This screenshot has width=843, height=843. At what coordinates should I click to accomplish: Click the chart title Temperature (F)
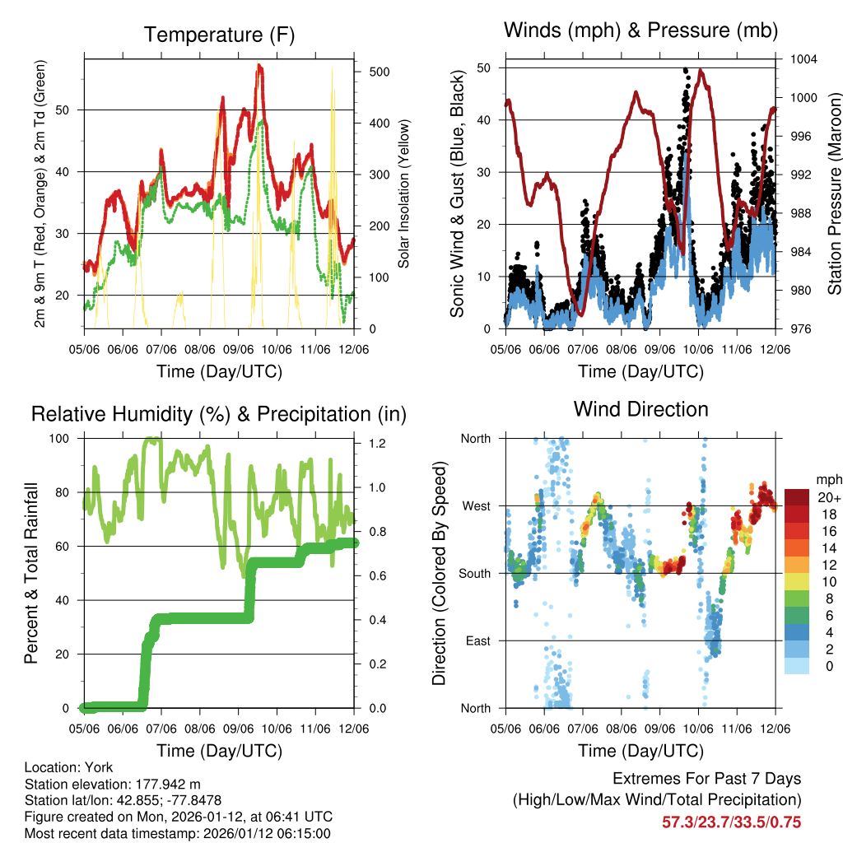[219, 35]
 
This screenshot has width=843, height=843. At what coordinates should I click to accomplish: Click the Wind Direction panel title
[640, 409]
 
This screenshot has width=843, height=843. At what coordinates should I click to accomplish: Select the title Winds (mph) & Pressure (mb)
[640, 31]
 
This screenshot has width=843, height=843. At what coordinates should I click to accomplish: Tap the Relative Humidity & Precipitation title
[219, 414]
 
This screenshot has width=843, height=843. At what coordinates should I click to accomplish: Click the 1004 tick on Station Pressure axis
[802, 59]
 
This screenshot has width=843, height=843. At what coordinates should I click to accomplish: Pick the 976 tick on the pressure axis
[802, 328]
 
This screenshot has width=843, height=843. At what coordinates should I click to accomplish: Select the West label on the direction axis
[476, 505]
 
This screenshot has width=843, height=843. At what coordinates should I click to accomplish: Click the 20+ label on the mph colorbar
[827, 497]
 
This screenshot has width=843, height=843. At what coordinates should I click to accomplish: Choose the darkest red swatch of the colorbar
[796, 497]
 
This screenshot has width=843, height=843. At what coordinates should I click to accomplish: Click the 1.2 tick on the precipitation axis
[378, 443]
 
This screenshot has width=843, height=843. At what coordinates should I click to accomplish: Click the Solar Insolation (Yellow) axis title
[404, 193]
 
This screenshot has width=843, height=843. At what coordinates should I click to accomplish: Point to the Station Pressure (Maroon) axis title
[834, 193]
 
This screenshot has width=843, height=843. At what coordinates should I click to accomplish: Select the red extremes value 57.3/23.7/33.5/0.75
[731, 822]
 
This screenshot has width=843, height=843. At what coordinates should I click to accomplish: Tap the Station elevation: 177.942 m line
[113, 784]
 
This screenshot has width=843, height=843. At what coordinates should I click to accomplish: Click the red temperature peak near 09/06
[259, 67]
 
